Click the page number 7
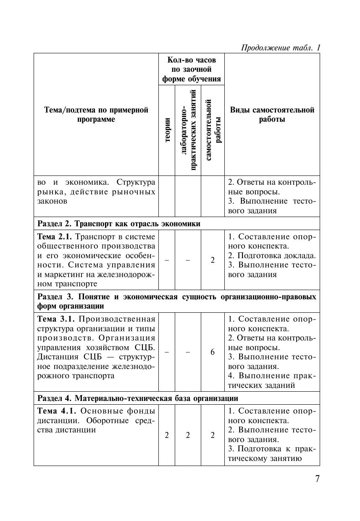[317, 479]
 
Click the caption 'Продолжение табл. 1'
[280, 48]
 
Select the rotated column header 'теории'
[167, 130]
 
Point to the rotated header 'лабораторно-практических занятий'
[188, 130]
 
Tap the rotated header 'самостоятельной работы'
[213, 130]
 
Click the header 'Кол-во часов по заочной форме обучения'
[191, 69]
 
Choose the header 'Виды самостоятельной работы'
[272, 115]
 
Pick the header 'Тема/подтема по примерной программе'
[96, 115]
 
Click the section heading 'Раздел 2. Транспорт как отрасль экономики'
[119, 224]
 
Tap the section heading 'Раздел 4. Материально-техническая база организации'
[138, 398]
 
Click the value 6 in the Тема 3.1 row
[213, 352]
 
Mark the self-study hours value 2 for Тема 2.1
[213, 260]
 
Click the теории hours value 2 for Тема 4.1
[167, 435]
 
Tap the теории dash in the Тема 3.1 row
[167, 352]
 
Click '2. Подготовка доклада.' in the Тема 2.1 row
[272, 255]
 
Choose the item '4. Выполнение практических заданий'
[272, 380]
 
